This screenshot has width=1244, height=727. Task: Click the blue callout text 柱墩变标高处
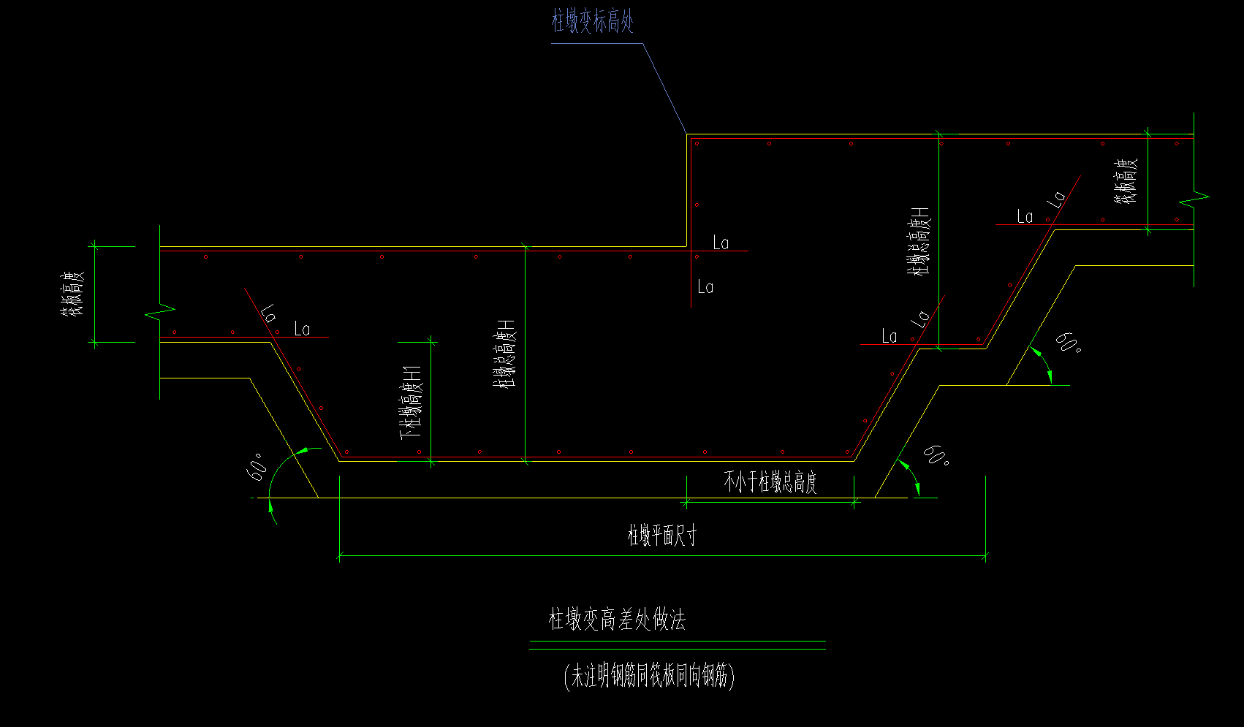coord(592,22)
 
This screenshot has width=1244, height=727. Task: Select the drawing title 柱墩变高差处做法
coord(617,620)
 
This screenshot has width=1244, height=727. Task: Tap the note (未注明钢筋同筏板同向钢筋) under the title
coord(649,677)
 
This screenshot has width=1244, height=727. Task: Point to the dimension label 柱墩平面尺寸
coord(662,536)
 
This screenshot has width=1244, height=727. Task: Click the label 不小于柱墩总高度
coord(770,482)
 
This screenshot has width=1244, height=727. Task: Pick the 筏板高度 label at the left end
coord(73,294)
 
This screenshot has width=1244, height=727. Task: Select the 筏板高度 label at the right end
coord(1126,181)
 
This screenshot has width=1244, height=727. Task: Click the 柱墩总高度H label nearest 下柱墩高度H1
coord(507,353)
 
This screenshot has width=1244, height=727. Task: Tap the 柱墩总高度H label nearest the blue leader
coord(919,241)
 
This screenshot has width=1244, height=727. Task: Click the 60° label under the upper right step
coord(1068,342)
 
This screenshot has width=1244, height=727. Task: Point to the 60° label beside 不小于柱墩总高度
coord(936,455)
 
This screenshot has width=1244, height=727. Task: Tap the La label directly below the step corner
coord(705,287)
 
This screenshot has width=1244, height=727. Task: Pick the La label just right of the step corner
coord(721,243)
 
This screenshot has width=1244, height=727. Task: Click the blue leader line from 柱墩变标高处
coord(664,88)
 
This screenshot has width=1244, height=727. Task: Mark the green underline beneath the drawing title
coord(677,645)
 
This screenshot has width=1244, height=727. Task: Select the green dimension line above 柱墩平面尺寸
coord(662,556)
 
